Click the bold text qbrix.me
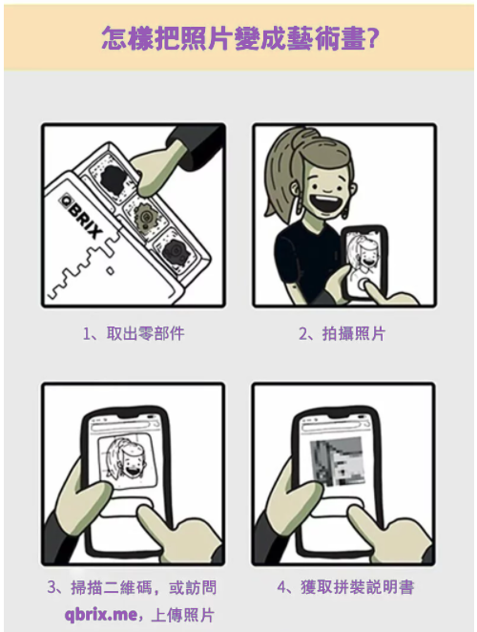101,615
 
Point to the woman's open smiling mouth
326,203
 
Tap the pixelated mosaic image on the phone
338,461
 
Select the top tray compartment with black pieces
113,178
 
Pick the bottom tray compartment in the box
177,252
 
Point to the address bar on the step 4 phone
334,424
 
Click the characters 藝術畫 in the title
325,38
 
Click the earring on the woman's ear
344,212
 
